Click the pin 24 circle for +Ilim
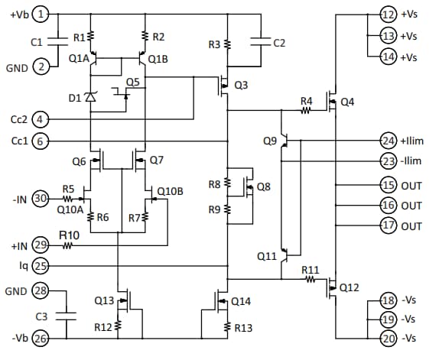389,140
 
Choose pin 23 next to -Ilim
389,161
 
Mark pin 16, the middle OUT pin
389,205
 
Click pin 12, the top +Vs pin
389,13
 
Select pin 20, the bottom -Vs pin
389,337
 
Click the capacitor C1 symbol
59,44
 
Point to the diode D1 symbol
90,97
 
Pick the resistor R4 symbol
306,111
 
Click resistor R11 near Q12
310,280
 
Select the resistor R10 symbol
69,245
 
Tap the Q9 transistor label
269,141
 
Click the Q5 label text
132,82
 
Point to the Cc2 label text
19,119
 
